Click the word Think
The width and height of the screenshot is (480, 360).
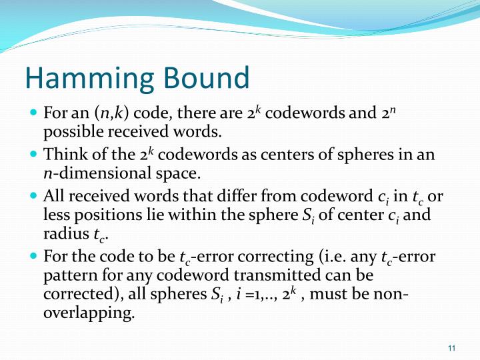(x=63, y=155)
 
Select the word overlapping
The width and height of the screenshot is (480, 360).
(x=89, y=313)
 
